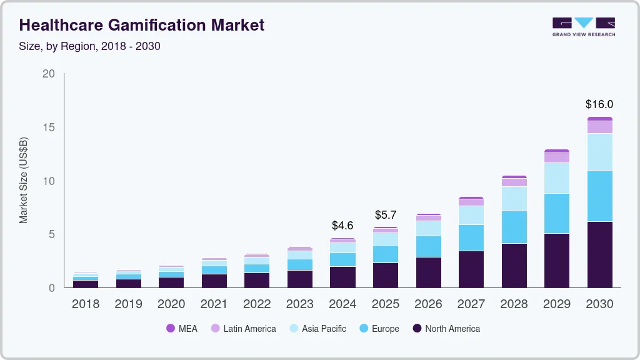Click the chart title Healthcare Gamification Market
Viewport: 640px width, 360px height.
point(142,25)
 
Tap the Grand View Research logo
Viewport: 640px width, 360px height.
point(583,26)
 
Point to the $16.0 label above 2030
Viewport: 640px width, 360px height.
point(599,104)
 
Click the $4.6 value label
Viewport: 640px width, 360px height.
point(342,225)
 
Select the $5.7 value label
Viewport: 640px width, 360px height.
point(385,215)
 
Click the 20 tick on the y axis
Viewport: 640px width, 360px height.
point(49,74)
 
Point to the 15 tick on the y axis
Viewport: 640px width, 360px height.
point(49,127)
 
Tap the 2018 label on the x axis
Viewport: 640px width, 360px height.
point(86,304)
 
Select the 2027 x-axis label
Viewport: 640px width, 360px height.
point(471,304)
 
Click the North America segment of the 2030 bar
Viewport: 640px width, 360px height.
point(599,254)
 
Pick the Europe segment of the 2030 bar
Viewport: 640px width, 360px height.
point(599,196)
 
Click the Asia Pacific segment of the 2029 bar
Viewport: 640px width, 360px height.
point(556,178)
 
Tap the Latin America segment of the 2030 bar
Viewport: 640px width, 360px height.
point(599,127)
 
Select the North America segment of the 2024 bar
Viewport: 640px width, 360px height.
point(342,277)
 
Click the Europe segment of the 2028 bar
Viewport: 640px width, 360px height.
point(514,227)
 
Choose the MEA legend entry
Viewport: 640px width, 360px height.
point(182,329)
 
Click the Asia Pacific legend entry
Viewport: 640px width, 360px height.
point(317,329)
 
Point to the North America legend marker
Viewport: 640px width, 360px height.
point(416,329)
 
